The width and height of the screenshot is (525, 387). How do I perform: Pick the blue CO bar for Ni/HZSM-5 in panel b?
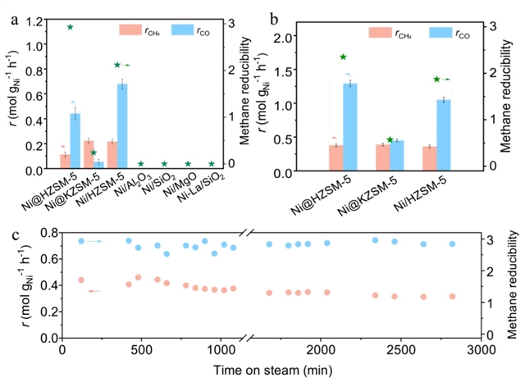click(x=444, y=134)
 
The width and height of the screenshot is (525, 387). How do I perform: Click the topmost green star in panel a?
click(x=71, y=27)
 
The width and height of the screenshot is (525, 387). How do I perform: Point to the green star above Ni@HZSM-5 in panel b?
click(x=343, y=57)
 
